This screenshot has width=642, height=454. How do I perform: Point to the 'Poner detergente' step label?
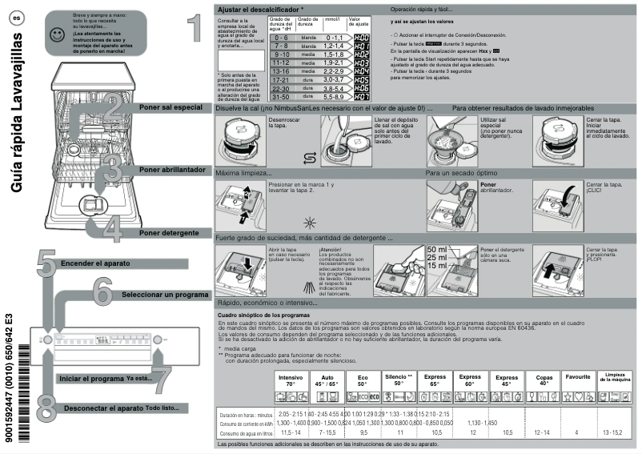[168, 232]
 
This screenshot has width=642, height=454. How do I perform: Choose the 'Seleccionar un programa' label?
[165, 295]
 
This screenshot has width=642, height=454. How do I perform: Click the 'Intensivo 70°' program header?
[291, 380]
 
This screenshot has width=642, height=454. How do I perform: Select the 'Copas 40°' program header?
[544, 380]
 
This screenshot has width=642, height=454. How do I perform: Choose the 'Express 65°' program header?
[435, 380]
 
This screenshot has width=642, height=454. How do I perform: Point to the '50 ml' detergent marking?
[437, 249]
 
